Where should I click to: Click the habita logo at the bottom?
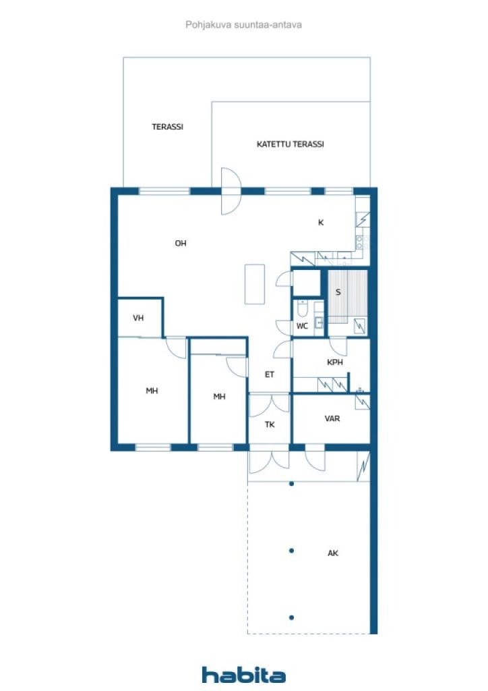(x=243, y=674)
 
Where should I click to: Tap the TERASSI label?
(x=167, y=127)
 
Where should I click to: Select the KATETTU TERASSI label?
(x=290, y=144)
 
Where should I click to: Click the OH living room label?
(x=181, y=244)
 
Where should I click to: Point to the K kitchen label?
(x=321, y=222)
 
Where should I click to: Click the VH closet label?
(x=138, y=319)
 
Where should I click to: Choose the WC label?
(x=302, y=326)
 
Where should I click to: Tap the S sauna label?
(x=338, y=293)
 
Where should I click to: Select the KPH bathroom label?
(x=335, y=362)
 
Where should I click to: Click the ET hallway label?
(x=269, y=375)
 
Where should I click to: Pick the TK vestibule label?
(x=269, y=425)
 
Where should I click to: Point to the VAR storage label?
(x=332, y=418)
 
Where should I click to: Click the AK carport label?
(x=332, y=553)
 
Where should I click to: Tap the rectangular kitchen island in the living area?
(x=255, y=284)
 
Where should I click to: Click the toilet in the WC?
(x=303, y=310)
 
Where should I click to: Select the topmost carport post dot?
(x=291, y=484)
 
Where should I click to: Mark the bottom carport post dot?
(x=291, y=617)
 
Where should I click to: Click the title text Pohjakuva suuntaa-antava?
(x=243, y=24)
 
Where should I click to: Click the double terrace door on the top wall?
(x=231, y=191)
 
